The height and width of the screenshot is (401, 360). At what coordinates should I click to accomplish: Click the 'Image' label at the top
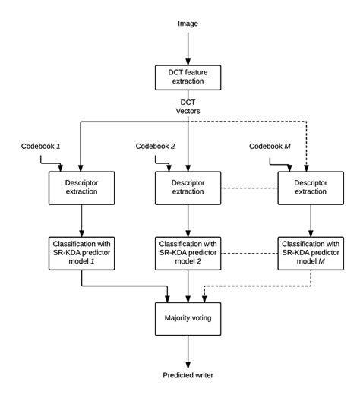[x=188, y=24]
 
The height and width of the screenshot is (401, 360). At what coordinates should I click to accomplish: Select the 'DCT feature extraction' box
[x=188, y=77]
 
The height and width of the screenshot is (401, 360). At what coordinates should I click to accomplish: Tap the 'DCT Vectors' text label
[x=188, y=106]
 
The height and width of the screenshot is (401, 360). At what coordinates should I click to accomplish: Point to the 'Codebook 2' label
[x=156, y=146]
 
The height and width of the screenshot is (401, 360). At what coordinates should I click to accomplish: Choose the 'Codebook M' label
[x=270, y=146]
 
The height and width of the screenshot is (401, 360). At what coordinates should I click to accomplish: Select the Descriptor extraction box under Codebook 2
[x=188, y=188]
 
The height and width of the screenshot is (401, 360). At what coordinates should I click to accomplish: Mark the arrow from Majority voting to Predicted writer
[x=188, y=350]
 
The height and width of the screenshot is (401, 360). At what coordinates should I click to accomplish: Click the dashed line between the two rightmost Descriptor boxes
[x=248, y=188]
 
